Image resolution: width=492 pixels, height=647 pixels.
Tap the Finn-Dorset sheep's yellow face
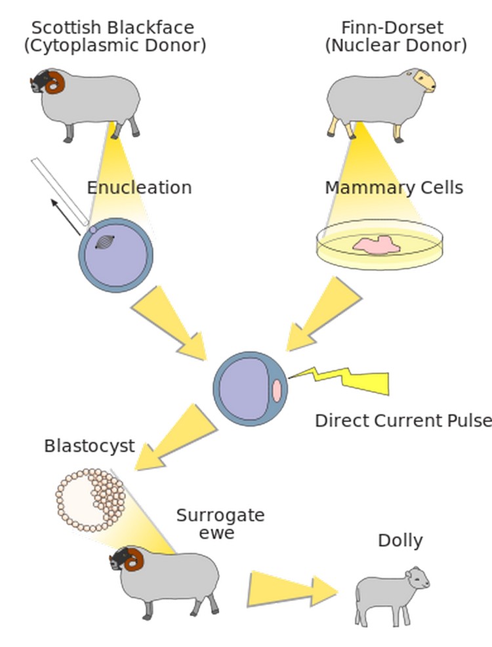tap(424, 80)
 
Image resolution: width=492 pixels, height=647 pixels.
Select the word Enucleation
tap(139, 188)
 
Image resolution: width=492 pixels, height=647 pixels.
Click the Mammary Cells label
tap(394, 188)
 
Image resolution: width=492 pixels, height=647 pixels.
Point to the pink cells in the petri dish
tap(377, 245)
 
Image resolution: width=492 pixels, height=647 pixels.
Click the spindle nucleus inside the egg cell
tap(104, 242)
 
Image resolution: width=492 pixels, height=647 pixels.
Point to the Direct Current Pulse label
tap(403, 421)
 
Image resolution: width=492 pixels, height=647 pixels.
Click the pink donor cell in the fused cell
tap(277, 390)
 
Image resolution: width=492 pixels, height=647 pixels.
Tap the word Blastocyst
tap(89, 446)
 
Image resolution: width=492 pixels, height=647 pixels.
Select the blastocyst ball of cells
tap(91, 499)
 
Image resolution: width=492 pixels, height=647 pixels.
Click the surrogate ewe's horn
tap(134, 560)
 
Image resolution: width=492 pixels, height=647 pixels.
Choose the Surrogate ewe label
tap(220, 524)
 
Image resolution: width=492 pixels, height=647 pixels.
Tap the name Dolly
tap(400, 541)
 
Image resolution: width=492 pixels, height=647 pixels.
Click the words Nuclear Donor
tap(396, 45)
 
